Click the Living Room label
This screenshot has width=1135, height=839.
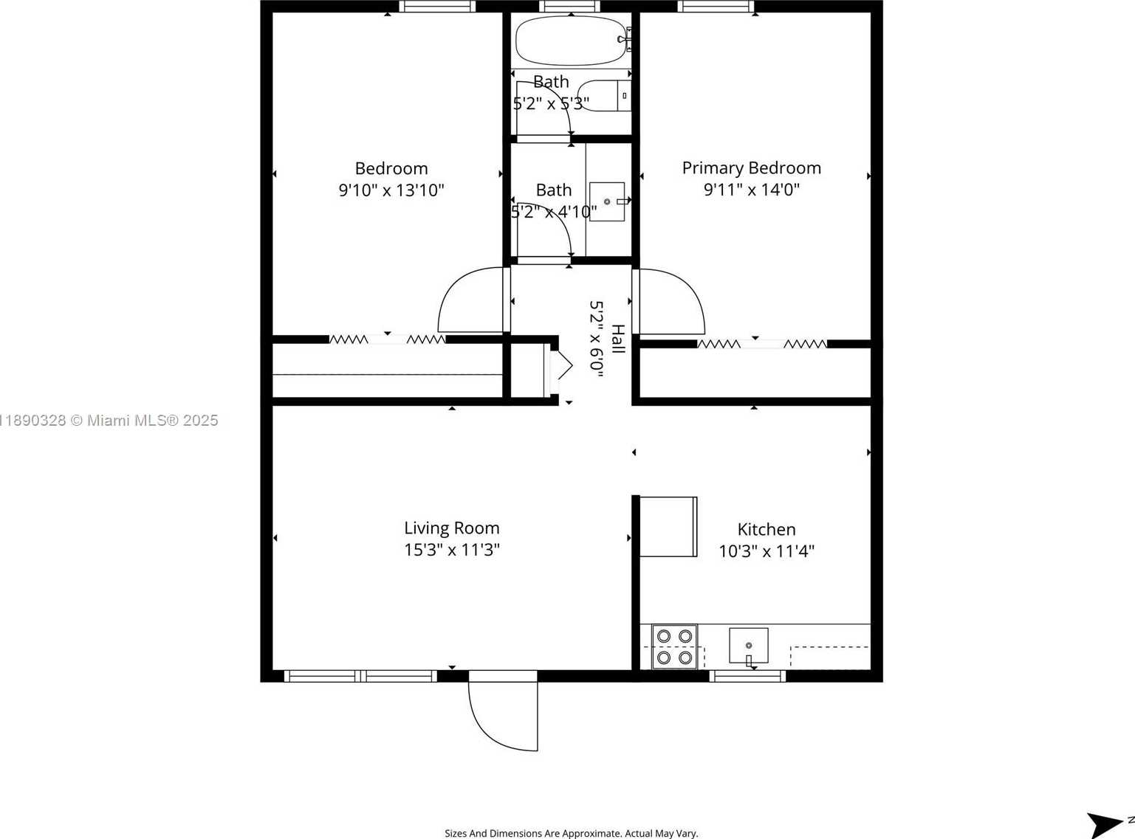[451, 528]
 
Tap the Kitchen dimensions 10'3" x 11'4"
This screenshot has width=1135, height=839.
[766, 551]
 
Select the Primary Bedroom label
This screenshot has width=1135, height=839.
[751, 168]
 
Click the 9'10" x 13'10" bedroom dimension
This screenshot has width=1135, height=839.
[391, 190]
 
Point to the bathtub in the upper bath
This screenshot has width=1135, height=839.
[569, 41]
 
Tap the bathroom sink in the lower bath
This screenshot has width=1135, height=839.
[607, 201]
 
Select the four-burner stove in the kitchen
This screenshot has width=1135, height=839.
[674, 646]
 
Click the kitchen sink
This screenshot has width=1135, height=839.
[748, 646]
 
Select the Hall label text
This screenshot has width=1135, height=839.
[618, 339]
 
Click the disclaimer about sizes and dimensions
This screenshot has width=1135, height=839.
[571, 833]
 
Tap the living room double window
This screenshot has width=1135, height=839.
[360, 676]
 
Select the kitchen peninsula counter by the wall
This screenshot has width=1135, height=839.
[668, 527]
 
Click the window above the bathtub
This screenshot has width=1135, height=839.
[569, 7]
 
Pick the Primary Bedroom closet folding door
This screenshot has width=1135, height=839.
[762, 344]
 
